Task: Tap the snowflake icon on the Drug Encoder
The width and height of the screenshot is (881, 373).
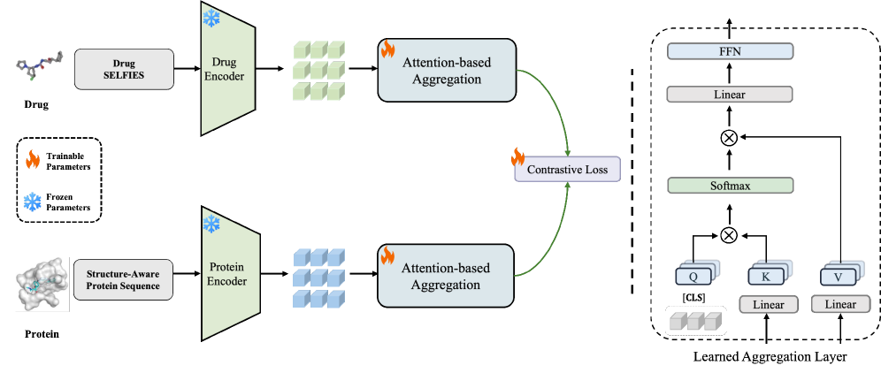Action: [x=212, y=19]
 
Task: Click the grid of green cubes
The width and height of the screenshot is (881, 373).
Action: [x=318, y=70]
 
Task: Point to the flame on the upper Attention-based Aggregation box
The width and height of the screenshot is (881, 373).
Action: [x=387, y=49]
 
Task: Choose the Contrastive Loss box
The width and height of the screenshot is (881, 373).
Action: [x=568, y=169]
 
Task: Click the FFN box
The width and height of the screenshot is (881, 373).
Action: [x=730, y=52]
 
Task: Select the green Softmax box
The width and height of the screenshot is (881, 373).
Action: [x=730, y=186]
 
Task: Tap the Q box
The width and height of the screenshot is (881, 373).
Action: [x=693, y=277]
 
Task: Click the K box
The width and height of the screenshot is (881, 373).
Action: [x=766, y=277]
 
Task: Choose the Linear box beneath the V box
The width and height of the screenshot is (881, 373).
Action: [x=839, y=305]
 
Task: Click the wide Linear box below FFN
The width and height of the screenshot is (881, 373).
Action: [x=730, y=95]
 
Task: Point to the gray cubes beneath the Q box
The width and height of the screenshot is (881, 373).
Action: [x=695, y=322]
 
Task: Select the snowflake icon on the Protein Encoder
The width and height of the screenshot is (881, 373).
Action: [x=211, y=224]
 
